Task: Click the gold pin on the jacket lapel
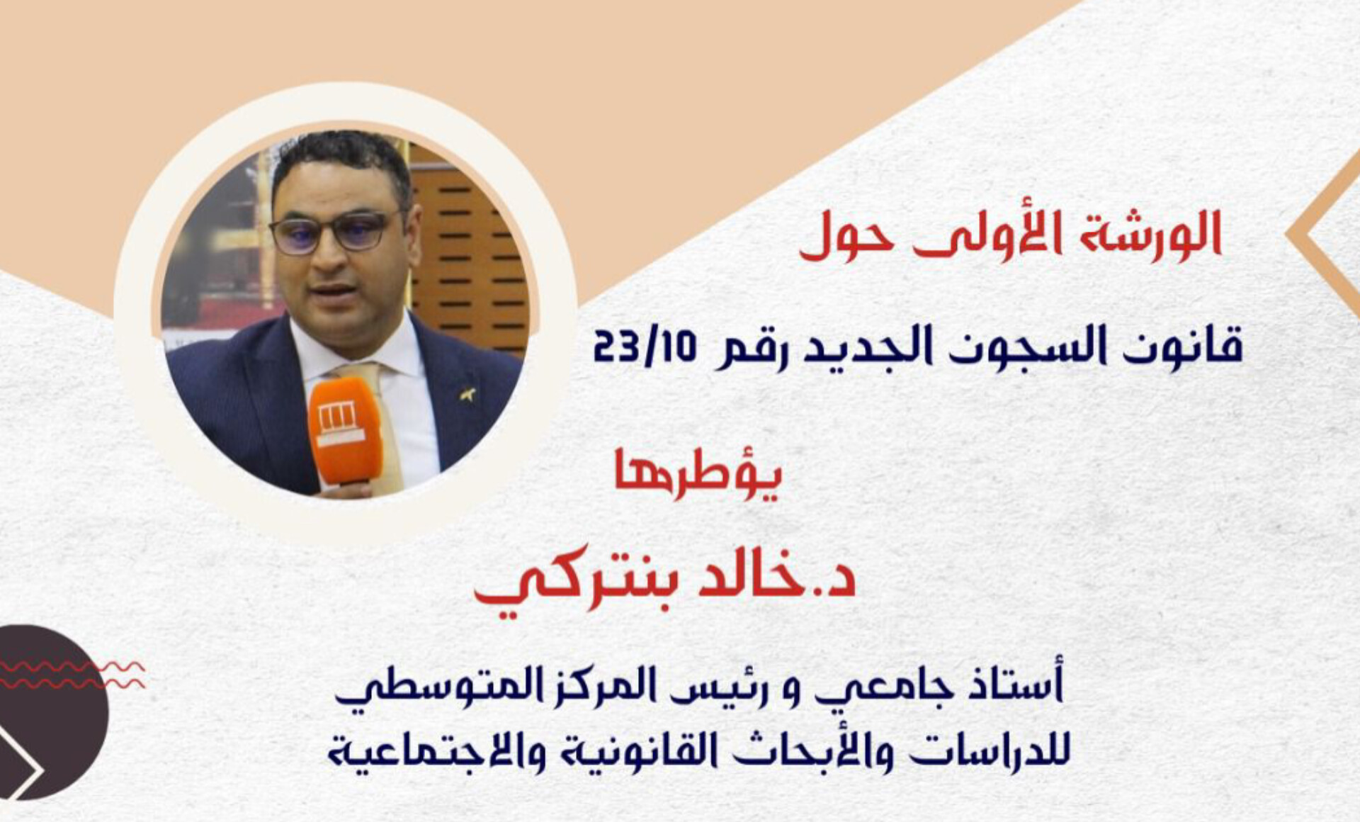click(467, 393)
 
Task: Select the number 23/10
click(645, 347)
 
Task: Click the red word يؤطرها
click(698, 474)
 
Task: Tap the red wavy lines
click(71, 675)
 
